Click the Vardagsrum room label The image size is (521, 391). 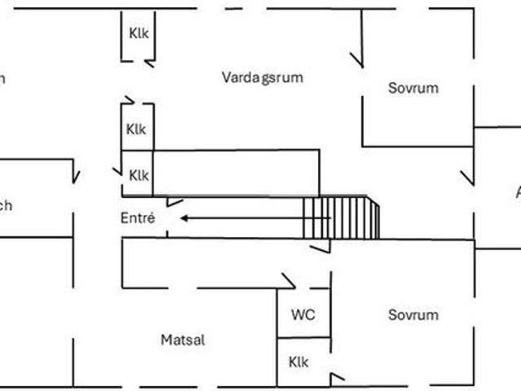coord(262,77)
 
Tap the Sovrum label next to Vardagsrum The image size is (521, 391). coord(413,88)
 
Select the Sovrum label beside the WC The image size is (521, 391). coord(413,314)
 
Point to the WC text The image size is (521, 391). coord(303,314)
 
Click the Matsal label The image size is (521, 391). coord(182,340)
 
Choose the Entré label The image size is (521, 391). coord(138,218)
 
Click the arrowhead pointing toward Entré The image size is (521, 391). coord(186,218)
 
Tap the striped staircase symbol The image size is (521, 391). coord(341,217)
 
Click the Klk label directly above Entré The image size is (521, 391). coord(138,175)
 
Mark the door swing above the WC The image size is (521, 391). coord(287,280)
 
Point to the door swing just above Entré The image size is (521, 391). coord(174,201)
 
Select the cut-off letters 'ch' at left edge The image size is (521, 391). coord(6,205)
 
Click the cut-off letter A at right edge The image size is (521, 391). coord(517,192)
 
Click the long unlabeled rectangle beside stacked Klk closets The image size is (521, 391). coord(235,173)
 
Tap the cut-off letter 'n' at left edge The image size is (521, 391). coord(2,79)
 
